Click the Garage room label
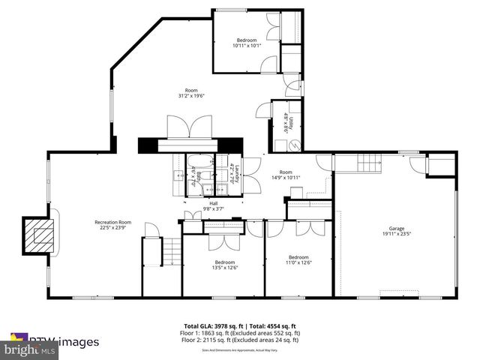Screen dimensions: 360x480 click(x=396, y=228)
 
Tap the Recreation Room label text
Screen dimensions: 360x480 click(x=112, y=222)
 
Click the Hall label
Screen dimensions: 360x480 click(x=214, y=203)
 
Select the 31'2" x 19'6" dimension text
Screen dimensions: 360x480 click(x=191, y=96)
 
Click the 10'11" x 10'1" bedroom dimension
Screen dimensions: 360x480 click(x=247, y=46)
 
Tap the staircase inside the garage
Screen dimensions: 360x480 click(x=367, y=163)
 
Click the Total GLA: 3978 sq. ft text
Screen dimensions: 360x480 click(x=211, y=325)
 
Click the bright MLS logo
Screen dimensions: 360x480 click(x=30, y=349)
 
